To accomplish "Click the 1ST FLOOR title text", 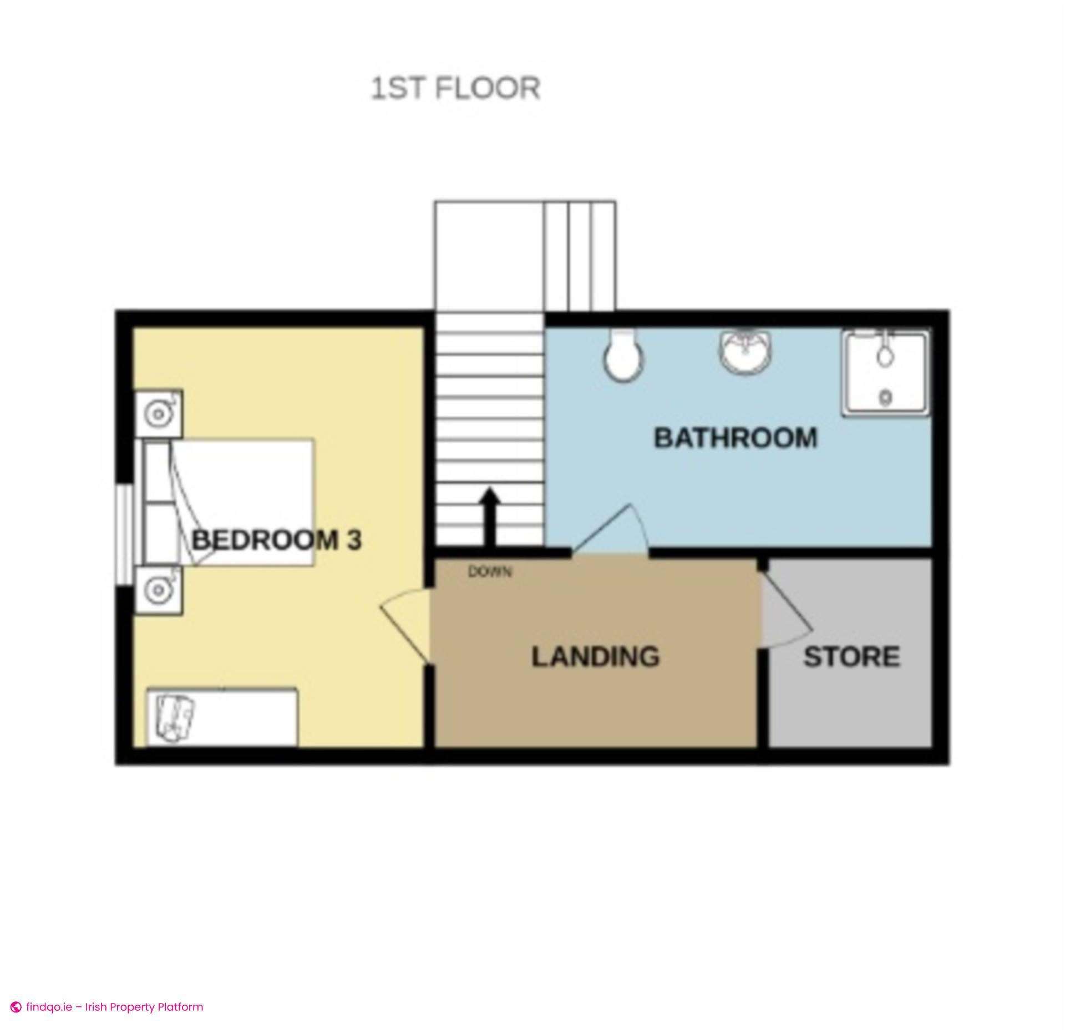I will pyautogui.click(x=455, y=89).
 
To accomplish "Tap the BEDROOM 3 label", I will pyautogui.click(x=276, y=540).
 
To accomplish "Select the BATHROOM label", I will pyautogui.click(x=736, y=438).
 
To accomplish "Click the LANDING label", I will pyautogui.click(x=596, y=657).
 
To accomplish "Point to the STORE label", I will pyautogui.click(x=851, y=657).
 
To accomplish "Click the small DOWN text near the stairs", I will pyautogui.click(x=490, y=571).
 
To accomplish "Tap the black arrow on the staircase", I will pyautogui.click(x=490, y=516).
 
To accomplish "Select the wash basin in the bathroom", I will pyautogui.click(x=746, y=351).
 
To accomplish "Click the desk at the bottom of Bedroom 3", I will pyautogui.click(x=222, y=717).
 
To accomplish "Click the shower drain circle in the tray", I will pyautogui.click(x=886, y=397).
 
